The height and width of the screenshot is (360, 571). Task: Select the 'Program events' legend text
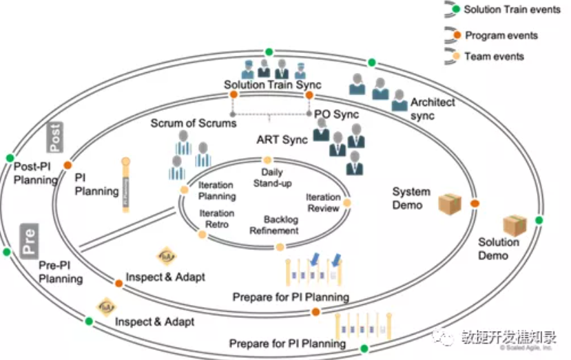click(x=501, y=35)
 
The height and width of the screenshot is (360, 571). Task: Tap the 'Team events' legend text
click(x=494, y=56)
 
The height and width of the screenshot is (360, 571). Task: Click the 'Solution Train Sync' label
click(x=272, y=85)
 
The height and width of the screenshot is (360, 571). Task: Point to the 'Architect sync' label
click(x=433, y=109)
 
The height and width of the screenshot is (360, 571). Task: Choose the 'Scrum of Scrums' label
click(x=194, y=123)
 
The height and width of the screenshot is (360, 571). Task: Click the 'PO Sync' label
click(x=337, y=114)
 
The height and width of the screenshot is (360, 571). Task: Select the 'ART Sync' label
click(x=281, y=140)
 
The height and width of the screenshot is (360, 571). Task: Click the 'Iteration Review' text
click(x=323, y=202)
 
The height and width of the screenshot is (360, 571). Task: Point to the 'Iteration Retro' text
click(x=217, y=218)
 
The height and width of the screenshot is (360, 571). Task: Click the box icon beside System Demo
click(x=450, y=203)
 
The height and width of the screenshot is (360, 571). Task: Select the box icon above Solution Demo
click(x=514, y=225)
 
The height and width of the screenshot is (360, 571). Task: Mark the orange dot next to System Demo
click(x=475, y=203)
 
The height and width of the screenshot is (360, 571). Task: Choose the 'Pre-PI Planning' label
click(x=61, y=272)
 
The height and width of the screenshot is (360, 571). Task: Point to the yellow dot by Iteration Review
click(x=347, y=203)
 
